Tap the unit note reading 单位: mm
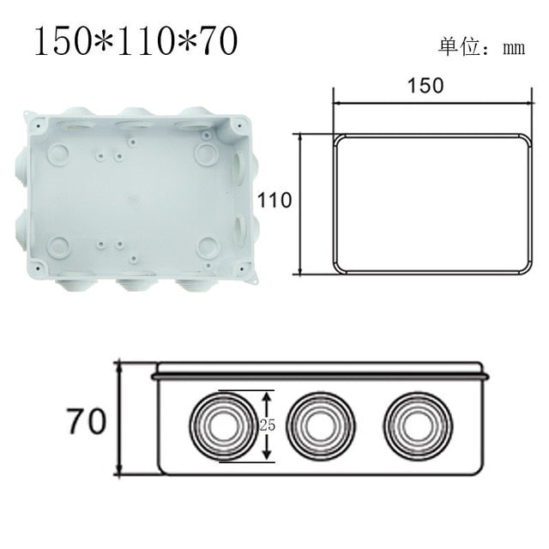[481, 46]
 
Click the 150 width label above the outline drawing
[426, 85]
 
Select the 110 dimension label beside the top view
[274, 200]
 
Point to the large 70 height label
[86, 421]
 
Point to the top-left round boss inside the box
[58, 154]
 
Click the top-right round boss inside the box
[207, 154]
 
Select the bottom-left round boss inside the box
[58, 248]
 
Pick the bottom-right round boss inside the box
[208, 248]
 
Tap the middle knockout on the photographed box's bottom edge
[136, 282]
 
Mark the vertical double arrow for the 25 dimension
[268, 425]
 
